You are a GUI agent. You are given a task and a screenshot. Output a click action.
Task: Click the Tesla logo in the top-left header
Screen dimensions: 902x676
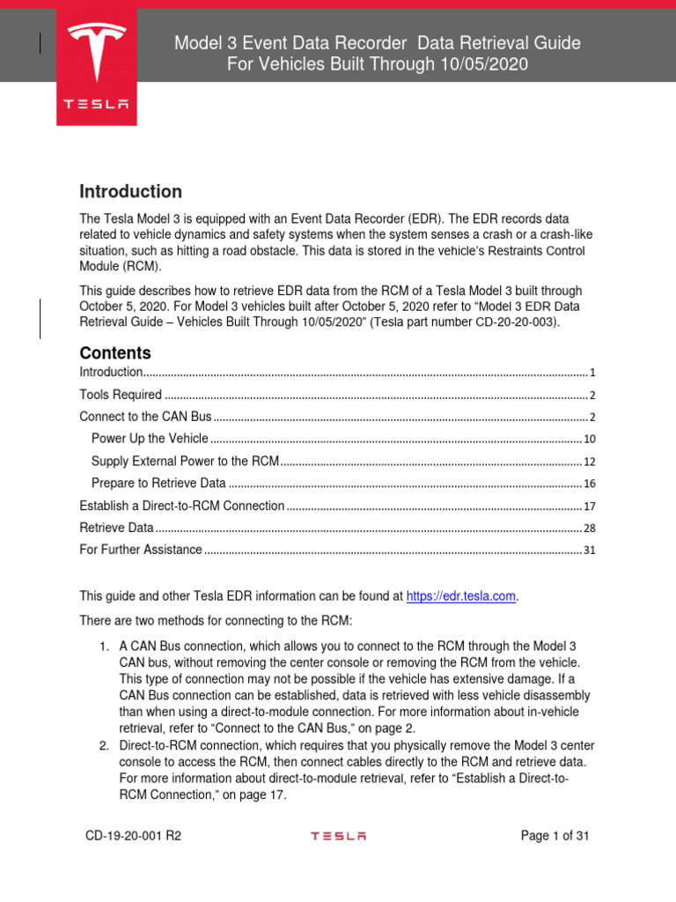pyautogui.click(x=96, y=66)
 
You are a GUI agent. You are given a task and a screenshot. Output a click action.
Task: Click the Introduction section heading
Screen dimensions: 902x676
pyautogui.click(x=131, y=191)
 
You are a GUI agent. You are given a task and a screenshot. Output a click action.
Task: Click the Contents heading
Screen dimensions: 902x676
pyautogui.click(x=115, y=352)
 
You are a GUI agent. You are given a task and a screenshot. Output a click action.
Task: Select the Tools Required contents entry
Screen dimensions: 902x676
pyautogui.click(x=121, y=395)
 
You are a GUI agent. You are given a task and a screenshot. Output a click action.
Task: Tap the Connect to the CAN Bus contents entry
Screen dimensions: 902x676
pyautogui.click(x=145, y=416)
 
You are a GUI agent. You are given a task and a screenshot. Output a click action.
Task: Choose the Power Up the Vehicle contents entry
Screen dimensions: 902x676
pyautogui.click(x=150, y=438)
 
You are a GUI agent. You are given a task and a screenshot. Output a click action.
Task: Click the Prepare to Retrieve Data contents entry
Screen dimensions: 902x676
pyautogui.click(x=158, y=484)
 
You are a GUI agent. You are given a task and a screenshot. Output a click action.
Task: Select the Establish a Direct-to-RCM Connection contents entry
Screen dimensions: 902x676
pyautogui.click(x=182, y=506)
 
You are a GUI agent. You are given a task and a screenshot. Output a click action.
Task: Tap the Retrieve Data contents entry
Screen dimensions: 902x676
pyautogui.click(x=116, y=528)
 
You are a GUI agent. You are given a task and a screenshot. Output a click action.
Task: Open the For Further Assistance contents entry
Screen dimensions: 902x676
pyautogui.click(x=141, y=550)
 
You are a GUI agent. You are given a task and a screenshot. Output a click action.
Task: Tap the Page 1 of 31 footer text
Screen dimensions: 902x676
pyautogui.click(x=555, y=836)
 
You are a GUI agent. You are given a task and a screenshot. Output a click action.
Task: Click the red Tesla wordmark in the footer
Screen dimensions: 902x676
pyautogui.click(x=338, y=836)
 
